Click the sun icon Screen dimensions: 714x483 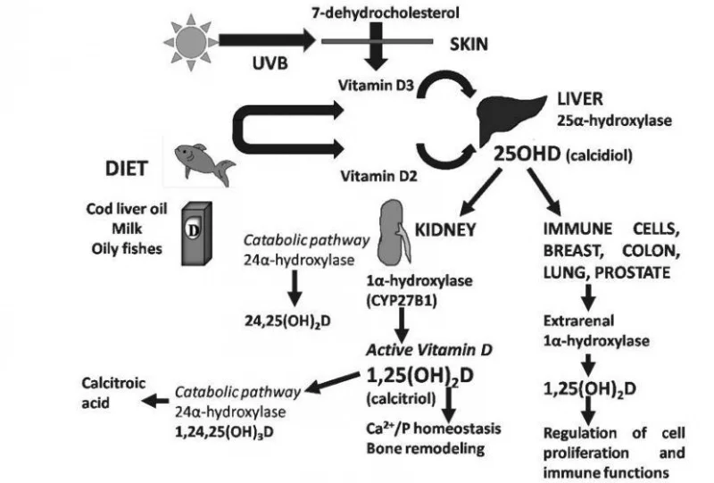[x=191, y=42]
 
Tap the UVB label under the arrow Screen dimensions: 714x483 [x=270, y=63]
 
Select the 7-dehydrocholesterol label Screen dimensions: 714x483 [x=386, y=12]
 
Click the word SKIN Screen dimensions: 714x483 [x=469, y=44]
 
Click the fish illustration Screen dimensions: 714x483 [x=203, y=163]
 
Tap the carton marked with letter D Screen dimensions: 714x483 [x=196, y=234]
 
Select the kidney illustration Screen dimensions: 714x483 [x=394, y=233]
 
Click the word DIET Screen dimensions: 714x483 [x=126, y=169]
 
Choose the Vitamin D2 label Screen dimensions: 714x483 [x=378, y=176]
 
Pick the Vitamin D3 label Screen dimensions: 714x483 [x=376, y=85]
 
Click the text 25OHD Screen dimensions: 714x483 [x=527, y=154]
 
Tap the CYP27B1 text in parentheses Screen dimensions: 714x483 [x=402, y=301]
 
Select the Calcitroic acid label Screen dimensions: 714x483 [x=113, y=392]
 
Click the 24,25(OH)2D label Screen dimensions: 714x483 [x=287, y=321]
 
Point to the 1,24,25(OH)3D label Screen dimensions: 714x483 [x=224, y=431]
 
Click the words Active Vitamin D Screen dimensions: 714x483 [x=429, y=350]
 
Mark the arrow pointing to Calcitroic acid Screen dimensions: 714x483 [x=155, y=401]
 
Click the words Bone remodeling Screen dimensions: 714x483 [x=426, y=448]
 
